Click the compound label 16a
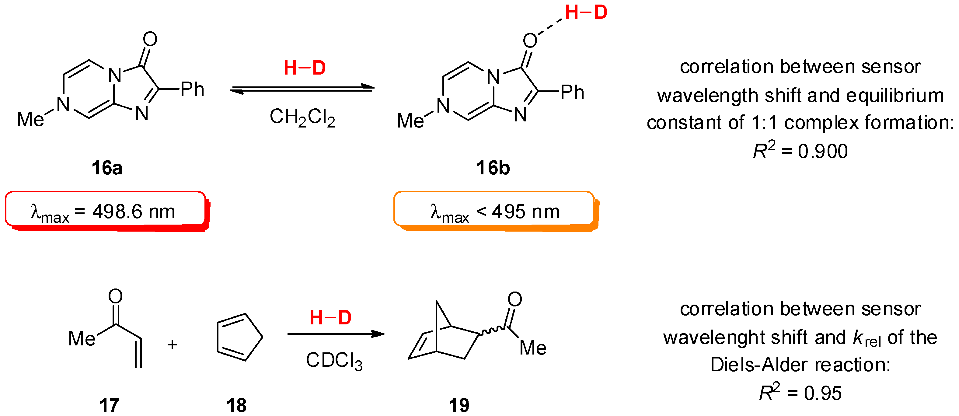click(x=107, y=168)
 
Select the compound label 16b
click(x=493, y=168)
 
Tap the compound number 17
click(x=109, y=405)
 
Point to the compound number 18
click(x=236, y=405)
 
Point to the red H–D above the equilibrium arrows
click(x=305, y=68)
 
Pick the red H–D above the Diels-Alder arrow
click(x=330, y=318)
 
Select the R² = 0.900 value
click(x=800, y=151)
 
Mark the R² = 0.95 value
click(x=800, y=393)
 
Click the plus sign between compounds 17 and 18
click(x=172, y=344)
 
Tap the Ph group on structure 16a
click(x=193, y=89)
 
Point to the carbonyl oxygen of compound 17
click(x=115, y=296)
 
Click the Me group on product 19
click(x=533, y=348)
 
